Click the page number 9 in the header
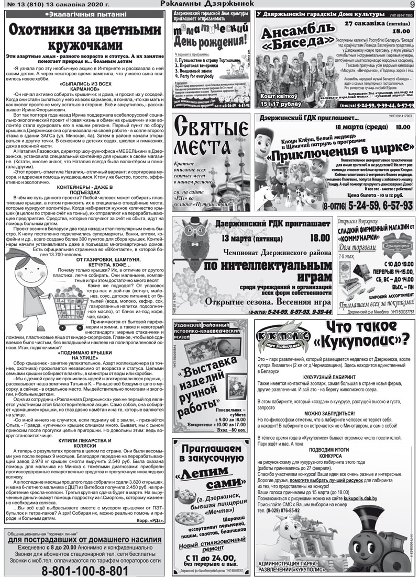click(412, 4)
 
